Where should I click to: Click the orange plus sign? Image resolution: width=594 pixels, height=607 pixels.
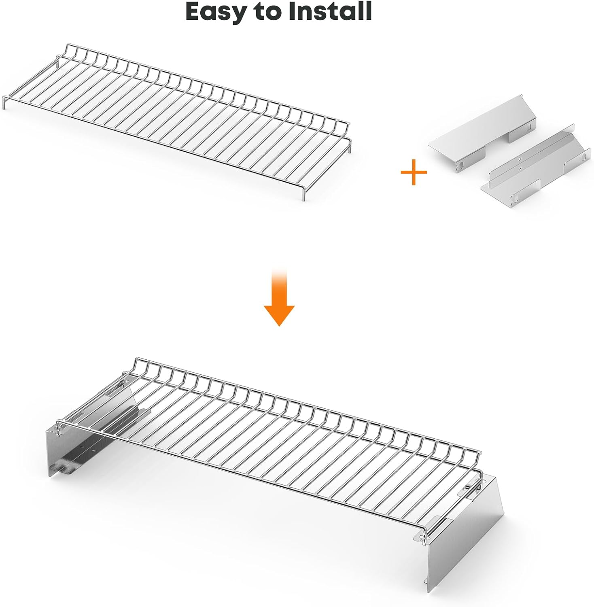point(414,172)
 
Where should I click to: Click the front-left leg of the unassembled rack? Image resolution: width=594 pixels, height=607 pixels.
point(4,103)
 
